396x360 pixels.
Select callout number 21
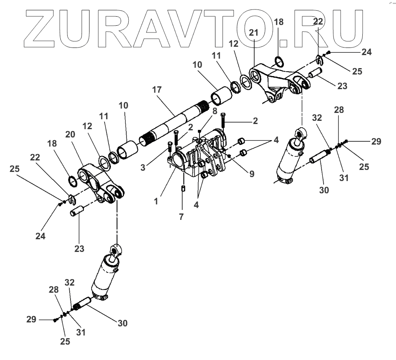tap(253, 33)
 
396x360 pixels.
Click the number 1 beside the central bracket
tap(156, 201)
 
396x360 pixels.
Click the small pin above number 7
tap(183, 188)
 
